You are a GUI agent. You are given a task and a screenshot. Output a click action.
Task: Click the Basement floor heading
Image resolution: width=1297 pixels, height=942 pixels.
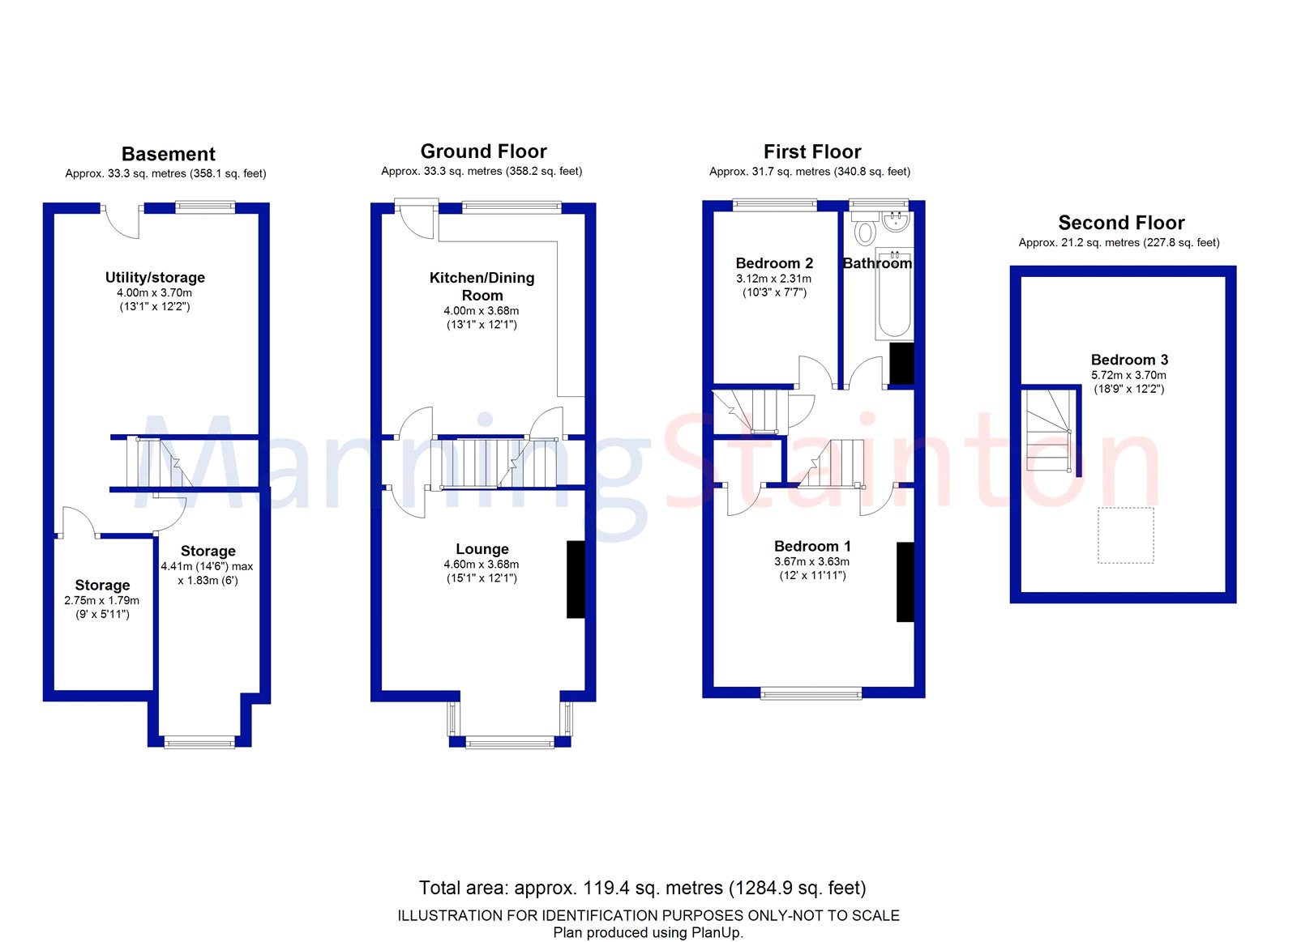[x=169, y=154]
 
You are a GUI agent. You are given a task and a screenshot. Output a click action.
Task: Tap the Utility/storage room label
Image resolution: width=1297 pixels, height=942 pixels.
[x=155, y=277]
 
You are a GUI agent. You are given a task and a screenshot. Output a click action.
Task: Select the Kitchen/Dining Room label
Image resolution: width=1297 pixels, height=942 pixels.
[x=482, y=287]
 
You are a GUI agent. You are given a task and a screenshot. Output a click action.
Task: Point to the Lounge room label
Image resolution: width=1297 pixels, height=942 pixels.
[x=482, y=548]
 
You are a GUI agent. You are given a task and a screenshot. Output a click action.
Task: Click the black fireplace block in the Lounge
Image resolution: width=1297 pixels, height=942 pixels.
[x=576, y=579]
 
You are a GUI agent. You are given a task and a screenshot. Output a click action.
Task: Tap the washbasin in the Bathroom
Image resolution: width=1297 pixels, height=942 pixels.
[x=896, y=222]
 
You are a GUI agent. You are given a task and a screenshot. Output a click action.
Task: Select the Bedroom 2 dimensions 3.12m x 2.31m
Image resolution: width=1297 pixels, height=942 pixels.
[x=773, y=279]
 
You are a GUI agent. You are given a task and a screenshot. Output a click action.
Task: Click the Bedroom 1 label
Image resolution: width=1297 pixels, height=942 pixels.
[x=812, y=546]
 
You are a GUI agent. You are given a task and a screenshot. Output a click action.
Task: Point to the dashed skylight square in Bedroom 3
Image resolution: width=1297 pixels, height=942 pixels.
[x=1126, y=535]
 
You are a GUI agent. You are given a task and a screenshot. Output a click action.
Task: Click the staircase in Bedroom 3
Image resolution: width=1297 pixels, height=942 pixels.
[x=1049, y=430]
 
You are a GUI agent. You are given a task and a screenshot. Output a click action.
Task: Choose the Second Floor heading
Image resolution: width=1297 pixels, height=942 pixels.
[x=1121, y=223]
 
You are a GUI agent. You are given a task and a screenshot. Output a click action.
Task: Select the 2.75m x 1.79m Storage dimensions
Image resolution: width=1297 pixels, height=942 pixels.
[x=102, y=600]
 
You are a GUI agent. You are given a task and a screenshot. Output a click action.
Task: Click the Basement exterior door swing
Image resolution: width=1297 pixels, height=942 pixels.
[x=122, y=222]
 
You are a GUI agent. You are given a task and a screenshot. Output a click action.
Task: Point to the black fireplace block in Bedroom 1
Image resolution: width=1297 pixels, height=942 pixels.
[x=905, y=582]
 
